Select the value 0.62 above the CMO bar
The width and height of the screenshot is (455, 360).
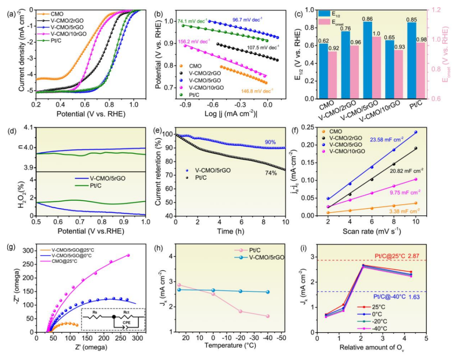(x=324, y=40)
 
